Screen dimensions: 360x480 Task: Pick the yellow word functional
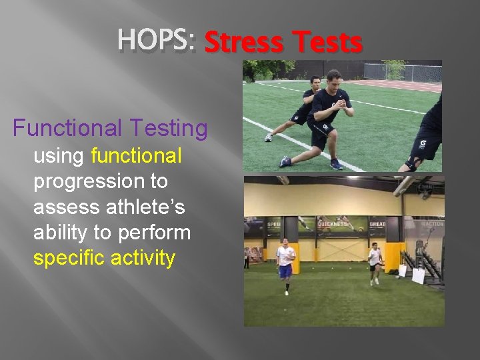tap(136, 156)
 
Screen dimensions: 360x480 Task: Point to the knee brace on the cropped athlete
tap(415, 163)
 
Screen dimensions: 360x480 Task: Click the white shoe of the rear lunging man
tap(268, 137)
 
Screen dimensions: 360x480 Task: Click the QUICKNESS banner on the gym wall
tap(331, 225)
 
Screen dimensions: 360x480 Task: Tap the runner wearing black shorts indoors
tap(375, 263)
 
